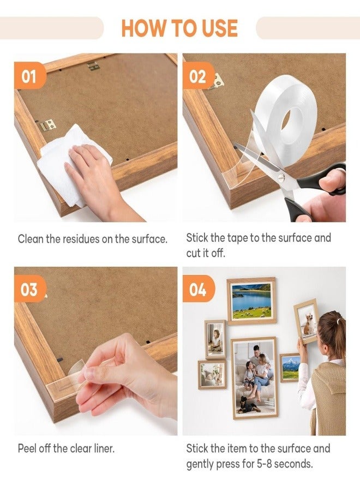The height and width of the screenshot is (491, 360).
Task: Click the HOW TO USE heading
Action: point(179,27)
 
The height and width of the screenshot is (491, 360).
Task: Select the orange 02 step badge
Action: point(197,77)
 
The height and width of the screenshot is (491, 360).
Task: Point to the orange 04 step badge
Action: point(197,290)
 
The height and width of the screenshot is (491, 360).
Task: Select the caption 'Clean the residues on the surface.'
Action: point(93,239)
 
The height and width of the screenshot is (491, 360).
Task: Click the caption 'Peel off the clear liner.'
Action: point(66,449)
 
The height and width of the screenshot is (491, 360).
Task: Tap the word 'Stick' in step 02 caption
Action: point(198,238)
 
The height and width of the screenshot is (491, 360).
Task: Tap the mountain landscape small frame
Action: point(290,368)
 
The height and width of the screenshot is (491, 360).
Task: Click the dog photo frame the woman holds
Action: point(307,321)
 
